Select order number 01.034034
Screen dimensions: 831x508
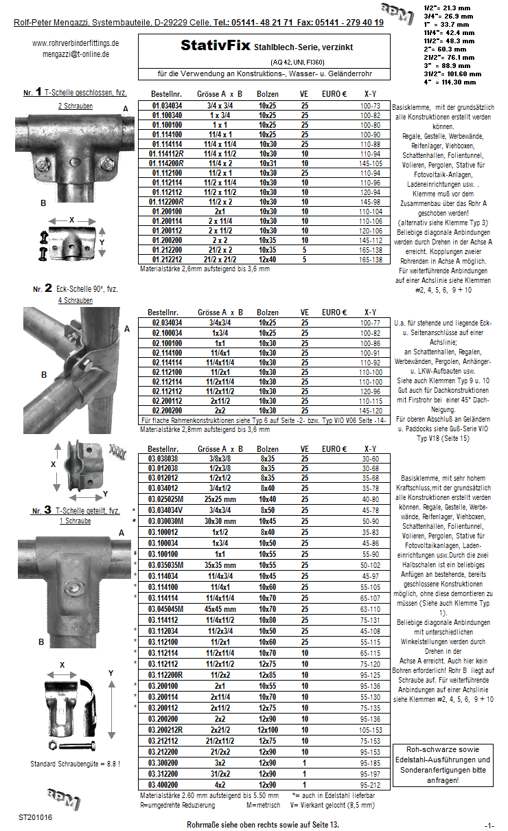pyautogui.click(x=167, y=106)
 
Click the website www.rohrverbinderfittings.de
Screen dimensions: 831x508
pyautogui.click(x=76, y=43)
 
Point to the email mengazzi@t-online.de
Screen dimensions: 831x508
pyautogui.click(x=76, y=54)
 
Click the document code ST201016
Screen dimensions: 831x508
pyautogui.click(x=35, y=817)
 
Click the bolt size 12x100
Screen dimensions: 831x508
pyautogui.click(x=268, y=730)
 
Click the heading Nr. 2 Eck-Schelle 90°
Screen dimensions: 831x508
pyautogui.click(x=76, y=289)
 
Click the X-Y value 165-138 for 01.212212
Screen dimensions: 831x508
pyautogui.click(x=370, y=260)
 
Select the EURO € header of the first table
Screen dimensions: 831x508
pyautogui.click(x=334, y=93)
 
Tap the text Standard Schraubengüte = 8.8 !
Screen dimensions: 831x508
pyautogui.click(x=76, y=764)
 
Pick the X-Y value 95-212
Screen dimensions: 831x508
pyautogui.click(x=370, y=785)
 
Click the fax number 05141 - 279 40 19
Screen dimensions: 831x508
pyautogui.click(x=345, y=23)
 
